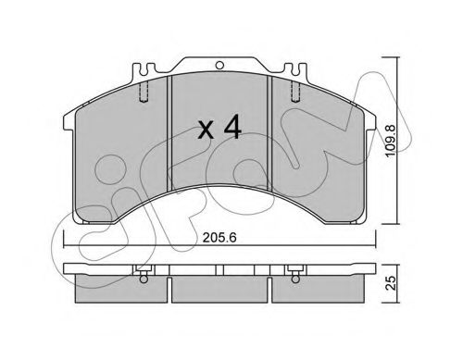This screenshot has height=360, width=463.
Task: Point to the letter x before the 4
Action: pos(206,130)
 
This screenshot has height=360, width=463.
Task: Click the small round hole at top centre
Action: pos(221,65)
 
